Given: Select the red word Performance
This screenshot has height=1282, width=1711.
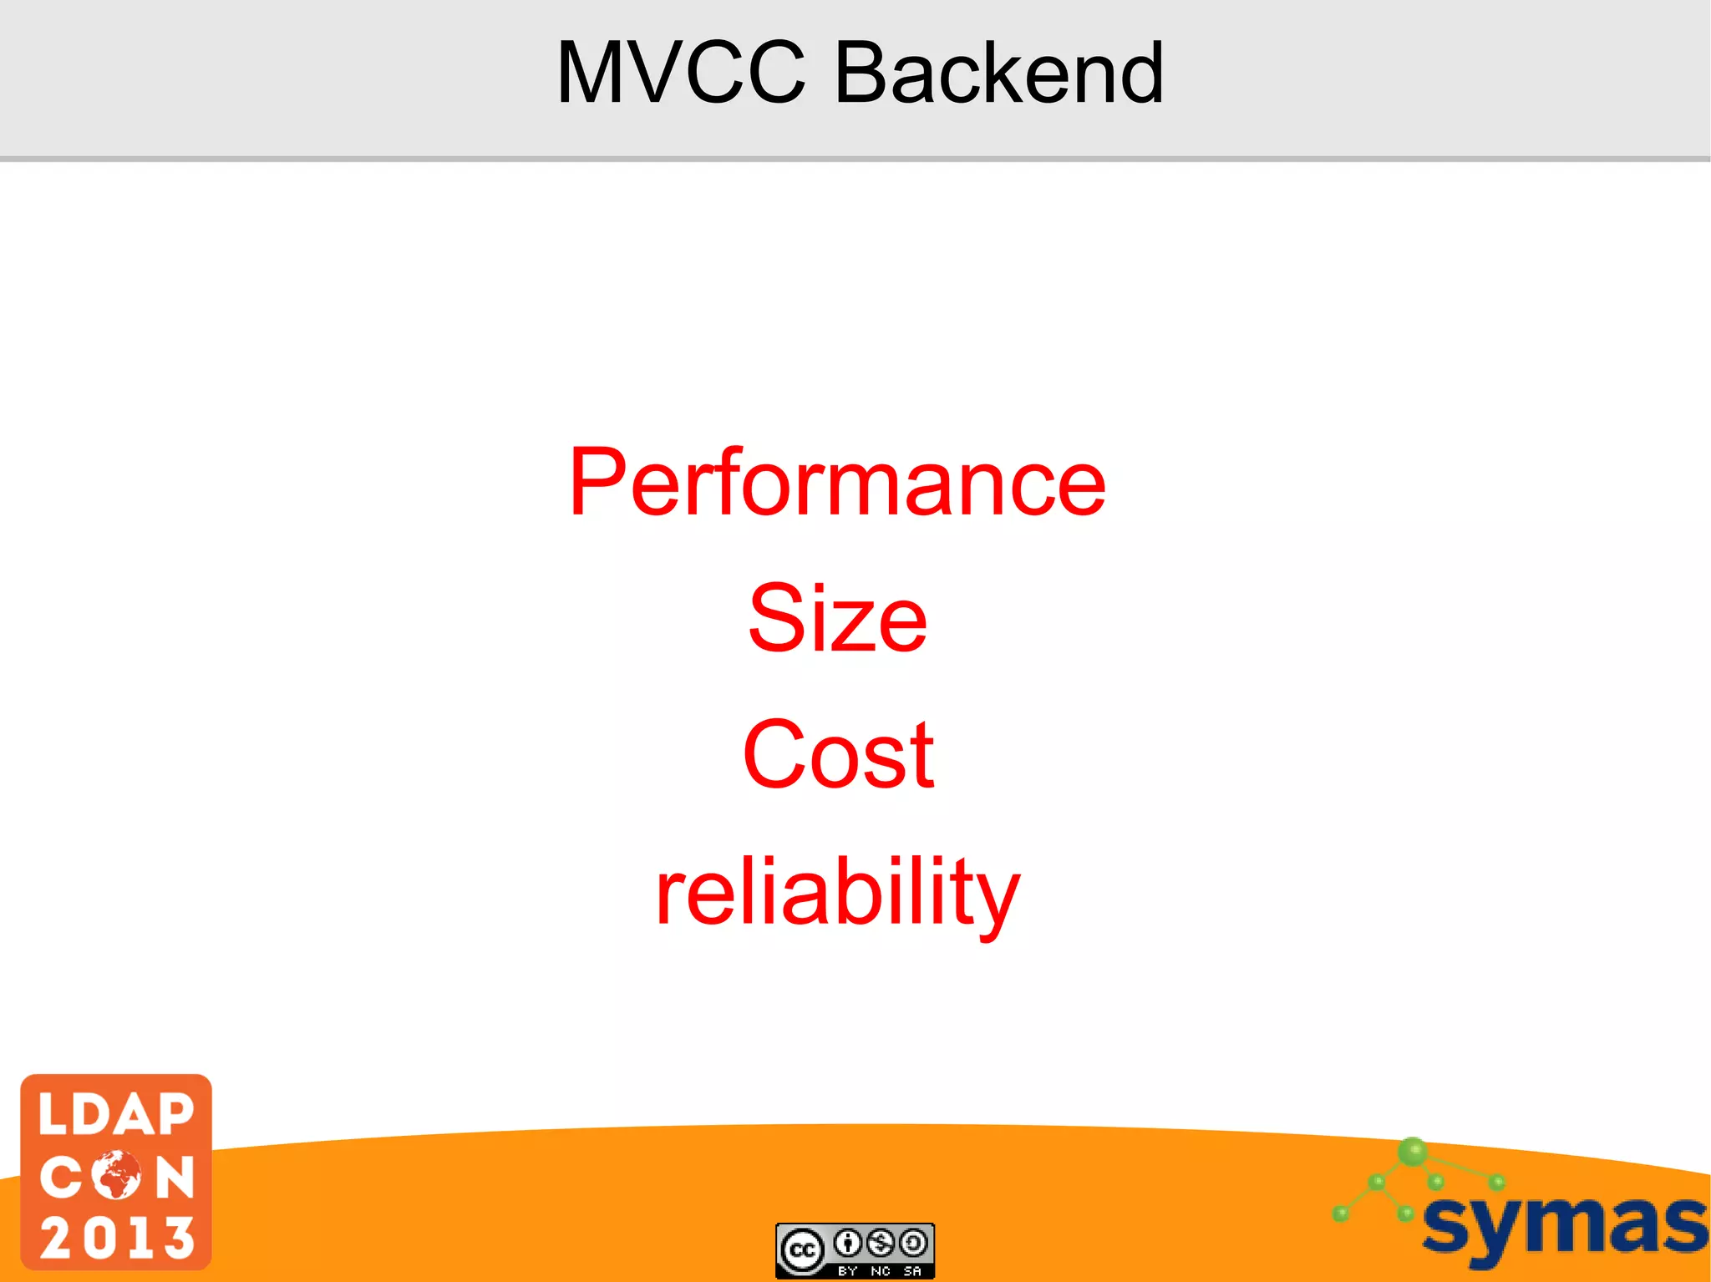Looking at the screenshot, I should point(837,482).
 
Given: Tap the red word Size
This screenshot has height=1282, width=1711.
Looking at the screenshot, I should point(837,619).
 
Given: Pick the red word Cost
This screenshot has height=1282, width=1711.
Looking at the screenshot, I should point(837,755).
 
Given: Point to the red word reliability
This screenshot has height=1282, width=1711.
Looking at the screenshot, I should point(837,892).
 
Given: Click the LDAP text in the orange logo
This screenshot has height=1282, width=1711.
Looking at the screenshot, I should point(116,1115).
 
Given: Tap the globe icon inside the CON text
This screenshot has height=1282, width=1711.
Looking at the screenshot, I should point(117,1176).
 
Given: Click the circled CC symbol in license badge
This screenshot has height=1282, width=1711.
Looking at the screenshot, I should point(803,1250).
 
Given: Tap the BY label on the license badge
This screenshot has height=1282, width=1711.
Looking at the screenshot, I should point(848,1271).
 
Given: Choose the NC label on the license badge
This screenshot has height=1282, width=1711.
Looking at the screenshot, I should point(881,1271).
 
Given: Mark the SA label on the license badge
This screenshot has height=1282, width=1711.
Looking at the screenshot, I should point(912,1271).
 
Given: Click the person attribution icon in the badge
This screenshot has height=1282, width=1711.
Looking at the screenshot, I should point(848,1244).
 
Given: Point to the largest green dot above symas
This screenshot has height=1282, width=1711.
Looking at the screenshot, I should point(1413,1152).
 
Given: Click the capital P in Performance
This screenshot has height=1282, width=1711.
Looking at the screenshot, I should point(598,482).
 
